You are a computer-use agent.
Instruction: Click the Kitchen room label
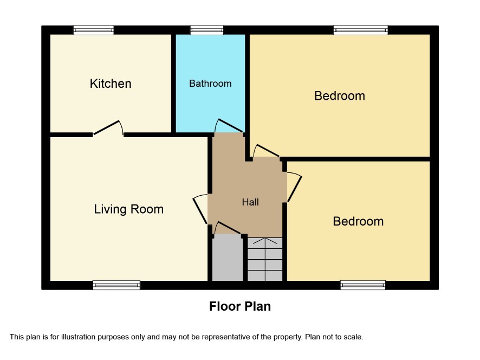111,83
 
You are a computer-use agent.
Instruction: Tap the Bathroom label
210,83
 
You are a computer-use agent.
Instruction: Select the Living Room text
128,209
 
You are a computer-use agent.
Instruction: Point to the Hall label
250,202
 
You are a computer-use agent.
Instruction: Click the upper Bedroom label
340,96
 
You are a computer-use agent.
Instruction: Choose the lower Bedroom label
358,221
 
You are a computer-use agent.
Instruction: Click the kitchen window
94,30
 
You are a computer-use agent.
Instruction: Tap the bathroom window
207,30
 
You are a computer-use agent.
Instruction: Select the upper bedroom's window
361,30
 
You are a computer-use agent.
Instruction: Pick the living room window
116,285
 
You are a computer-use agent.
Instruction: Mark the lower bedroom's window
363,285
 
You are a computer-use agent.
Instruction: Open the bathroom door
229,126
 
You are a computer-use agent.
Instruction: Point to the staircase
265,259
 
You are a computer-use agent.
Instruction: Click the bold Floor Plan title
240,306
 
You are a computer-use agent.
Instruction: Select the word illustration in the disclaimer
78,337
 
